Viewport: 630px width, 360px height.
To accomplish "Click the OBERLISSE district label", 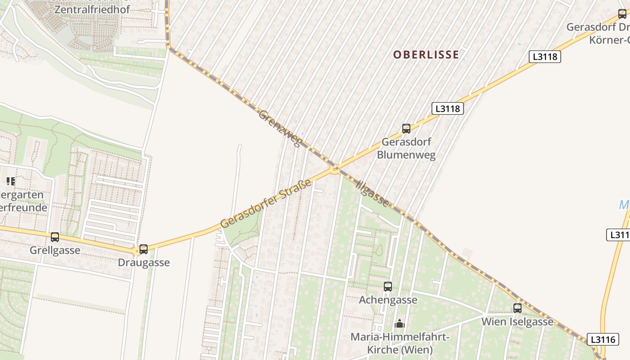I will [426, 55].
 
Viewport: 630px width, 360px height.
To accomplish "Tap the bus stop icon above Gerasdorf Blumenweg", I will [406, 129].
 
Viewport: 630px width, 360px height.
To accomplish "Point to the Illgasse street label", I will [372, 193].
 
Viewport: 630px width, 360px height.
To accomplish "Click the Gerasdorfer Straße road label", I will [266, 203].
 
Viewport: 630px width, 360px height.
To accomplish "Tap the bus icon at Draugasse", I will [144, 249].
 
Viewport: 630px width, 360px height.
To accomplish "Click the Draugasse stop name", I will [144, 262].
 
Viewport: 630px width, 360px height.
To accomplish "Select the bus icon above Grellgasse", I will [55, 237].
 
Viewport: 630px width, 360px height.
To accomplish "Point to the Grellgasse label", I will [55, 250].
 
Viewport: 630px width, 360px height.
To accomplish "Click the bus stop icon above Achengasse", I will [388, 286].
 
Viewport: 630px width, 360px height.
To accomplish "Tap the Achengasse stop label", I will [388, 300].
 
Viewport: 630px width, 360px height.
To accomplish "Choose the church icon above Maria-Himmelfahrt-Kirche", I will [399, 324].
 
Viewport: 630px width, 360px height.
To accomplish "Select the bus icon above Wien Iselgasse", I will [517, 308].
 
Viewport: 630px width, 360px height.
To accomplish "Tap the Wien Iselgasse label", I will [517, 322].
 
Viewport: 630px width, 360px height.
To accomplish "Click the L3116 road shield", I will [603, 339].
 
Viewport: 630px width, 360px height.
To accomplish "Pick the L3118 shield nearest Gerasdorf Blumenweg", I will [447, 108].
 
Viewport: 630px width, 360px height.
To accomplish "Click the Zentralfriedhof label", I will [92, 9].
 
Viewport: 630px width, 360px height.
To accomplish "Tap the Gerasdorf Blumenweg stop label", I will [406, 148].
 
